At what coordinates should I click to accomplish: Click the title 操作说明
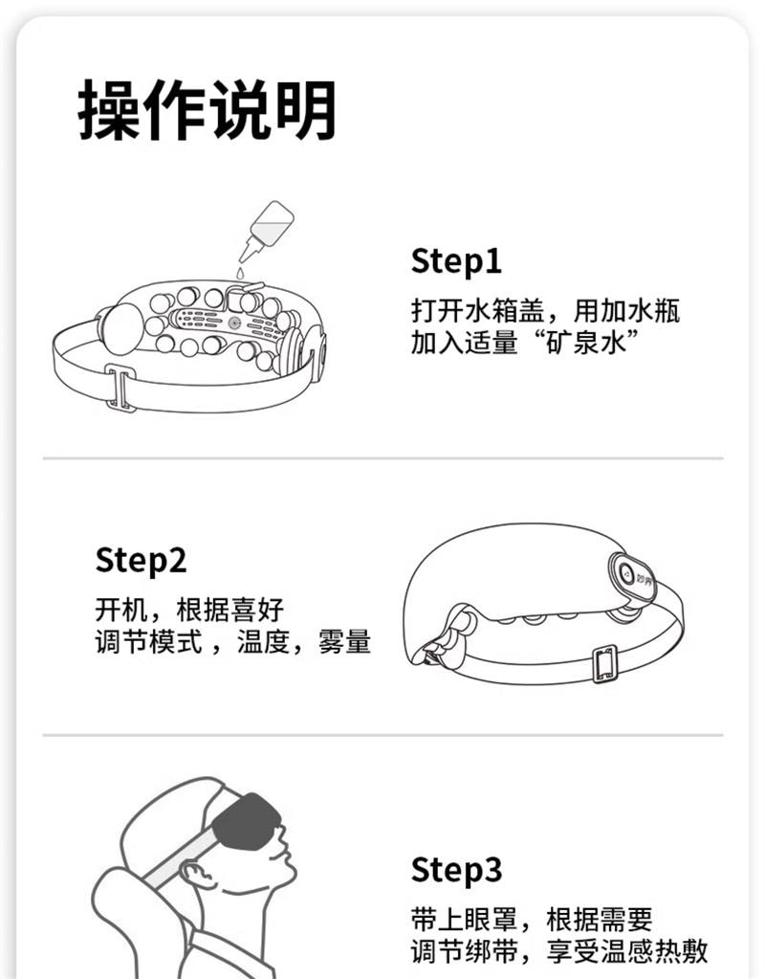[x=208, y=110]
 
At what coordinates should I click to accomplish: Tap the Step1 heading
[x=456, y=260]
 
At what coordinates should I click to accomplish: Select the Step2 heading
[x=141, y=560]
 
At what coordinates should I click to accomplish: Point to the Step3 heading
[x=456, y=870]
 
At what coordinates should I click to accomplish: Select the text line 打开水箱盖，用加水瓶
[x=545, y=311]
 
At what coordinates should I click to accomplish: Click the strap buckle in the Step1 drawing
[x=120, y=388]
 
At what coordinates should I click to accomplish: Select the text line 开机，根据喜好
[x=189, y=609]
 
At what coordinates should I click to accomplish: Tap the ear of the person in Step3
[x=194, y=876]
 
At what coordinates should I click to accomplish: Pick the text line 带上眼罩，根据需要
[x=532, y=921]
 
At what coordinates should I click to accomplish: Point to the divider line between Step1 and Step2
[x=382, y=458]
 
